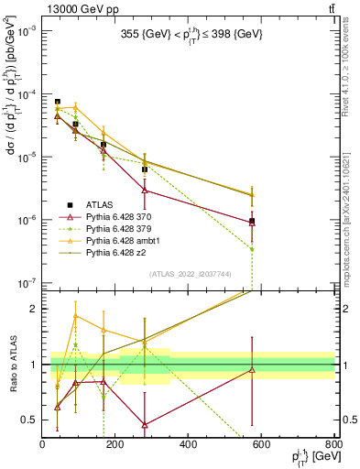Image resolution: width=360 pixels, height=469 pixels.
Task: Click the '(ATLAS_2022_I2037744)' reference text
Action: pyautogui.click(x=189, y=273)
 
